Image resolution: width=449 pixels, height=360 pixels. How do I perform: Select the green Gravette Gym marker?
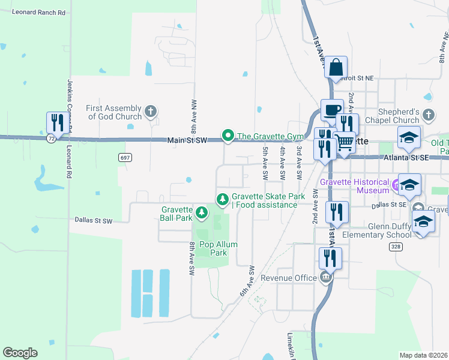(x=228, y=136)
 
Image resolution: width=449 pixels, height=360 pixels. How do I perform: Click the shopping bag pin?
(x=336, y=67)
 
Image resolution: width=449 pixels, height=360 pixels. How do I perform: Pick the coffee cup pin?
(x=332, y=110)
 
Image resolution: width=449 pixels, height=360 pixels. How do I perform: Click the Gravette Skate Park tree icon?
(x=223, y=199)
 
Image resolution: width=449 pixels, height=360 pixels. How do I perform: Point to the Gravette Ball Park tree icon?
(x=202, y=212)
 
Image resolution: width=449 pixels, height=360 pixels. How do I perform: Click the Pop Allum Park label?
(x=218, y=248)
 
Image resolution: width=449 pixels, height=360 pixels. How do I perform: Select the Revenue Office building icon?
(x=325, y=277)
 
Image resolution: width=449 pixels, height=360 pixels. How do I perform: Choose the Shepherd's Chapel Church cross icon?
(x=428, y=114)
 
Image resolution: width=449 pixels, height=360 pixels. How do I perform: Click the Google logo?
(x=20, y=353)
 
